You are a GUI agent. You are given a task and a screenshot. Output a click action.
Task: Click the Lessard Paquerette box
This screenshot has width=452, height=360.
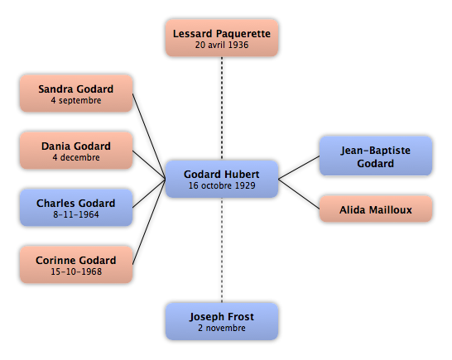222,38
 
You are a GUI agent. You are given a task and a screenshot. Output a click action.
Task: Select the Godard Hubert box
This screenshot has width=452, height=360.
222,179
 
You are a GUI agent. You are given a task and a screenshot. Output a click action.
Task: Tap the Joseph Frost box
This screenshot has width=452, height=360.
222,321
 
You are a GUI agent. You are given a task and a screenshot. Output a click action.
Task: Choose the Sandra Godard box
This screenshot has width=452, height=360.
76,94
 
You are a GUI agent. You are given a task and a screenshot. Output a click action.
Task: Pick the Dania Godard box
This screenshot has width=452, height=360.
76,151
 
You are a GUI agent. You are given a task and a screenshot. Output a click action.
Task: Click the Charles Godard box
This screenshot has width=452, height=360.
76,208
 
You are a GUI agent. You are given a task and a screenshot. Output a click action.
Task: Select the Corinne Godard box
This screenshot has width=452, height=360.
76,265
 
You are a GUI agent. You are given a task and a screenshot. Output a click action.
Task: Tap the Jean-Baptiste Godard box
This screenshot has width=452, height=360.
376,156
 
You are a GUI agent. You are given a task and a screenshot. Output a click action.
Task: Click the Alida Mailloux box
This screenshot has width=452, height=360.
376,209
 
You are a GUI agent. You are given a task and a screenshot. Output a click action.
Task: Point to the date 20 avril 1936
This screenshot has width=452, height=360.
222,45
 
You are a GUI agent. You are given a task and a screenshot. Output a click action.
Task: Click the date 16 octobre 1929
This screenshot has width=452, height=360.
222,185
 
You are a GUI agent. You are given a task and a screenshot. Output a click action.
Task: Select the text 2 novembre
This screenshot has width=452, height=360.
222,328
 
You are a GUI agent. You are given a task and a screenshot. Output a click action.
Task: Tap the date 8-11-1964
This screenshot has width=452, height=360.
76,214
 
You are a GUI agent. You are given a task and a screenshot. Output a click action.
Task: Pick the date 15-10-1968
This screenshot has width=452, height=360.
76,271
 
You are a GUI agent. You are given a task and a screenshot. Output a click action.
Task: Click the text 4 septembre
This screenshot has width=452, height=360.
76,100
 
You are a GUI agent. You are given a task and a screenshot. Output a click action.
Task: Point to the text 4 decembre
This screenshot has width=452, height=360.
76,157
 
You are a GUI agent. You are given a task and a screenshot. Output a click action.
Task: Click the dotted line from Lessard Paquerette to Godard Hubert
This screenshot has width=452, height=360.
222,108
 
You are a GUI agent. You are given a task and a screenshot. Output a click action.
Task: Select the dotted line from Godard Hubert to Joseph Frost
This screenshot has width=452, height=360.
222,250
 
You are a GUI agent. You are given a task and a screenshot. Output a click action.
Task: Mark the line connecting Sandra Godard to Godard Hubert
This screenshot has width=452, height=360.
149,137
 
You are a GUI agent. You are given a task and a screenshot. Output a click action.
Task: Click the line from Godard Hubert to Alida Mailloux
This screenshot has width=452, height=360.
299,194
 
